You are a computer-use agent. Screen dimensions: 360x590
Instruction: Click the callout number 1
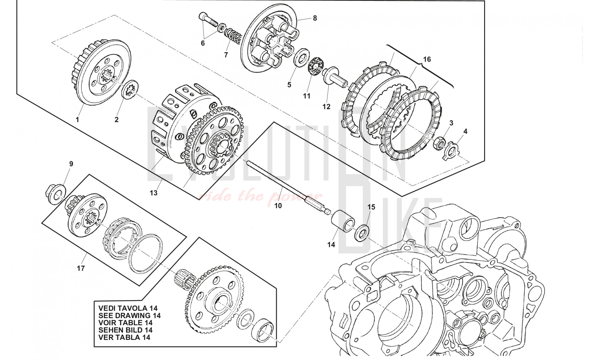tap(77, 120)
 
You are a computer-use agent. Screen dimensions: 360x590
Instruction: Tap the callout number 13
tap(153, 193)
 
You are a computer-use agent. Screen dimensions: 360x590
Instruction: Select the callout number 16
tap(427, 59)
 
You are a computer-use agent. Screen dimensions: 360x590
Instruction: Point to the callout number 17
tap(81, 268)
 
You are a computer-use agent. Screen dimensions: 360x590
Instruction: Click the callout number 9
tap(71, 164)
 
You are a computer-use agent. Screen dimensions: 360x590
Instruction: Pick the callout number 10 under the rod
tap(278, 206)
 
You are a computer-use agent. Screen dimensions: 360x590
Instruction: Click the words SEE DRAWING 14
tap(130, 315)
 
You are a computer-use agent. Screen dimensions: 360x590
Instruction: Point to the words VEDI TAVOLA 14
tap(125, 308)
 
